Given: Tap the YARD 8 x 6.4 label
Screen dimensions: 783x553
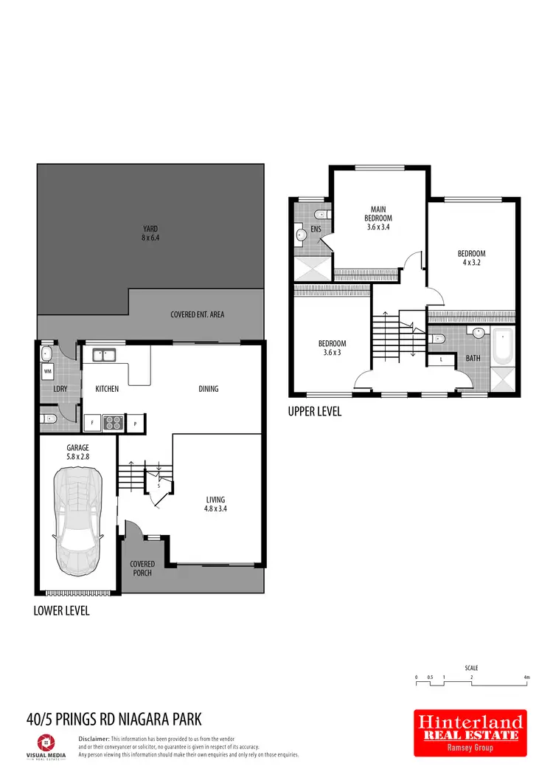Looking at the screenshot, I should tap(150, 233).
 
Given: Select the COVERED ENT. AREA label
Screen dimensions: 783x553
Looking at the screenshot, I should tap(197, 314).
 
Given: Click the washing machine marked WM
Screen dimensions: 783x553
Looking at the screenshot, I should tap(48, 370).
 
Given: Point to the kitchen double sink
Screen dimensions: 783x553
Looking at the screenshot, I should tap(103, 356).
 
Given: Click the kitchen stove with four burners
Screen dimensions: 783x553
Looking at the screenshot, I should tap(113, 423).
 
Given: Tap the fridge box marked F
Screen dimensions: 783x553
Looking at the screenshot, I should tap(91, 423).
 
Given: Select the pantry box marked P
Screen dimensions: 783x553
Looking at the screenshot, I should tap(136, 423).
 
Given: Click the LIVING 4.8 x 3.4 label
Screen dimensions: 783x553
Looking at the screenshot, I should tap(215, 504).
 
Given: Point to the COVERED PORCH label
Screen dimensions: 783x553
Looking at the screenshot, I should tap(142, 568).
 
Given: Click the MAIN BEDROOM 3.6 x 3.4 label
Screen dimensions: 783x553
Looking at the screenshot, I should tap(378, 218).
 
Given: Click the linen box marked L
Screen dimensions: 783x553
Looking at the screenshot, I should tap(441, 359).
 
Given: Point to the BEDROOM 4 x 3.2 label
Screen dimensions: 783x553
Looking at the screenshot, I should tap(471, 258).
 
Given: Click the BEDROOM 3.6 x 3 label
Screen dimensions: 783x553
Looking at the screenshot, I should tap(332, 348).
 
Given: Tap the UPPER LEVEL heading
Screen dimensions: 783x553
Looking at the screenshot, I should tap(314, 412).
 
